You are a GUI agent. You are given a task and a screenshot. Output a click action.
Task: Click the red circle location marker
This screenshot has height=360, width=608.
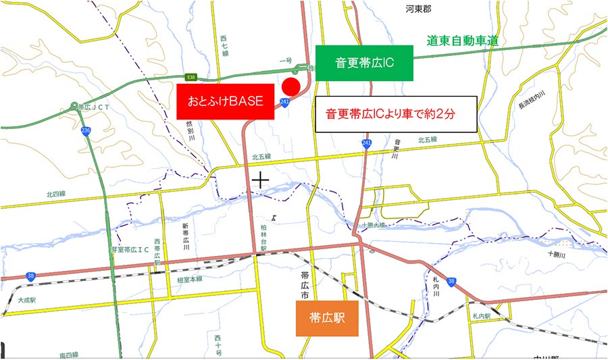click(x=290, y=86)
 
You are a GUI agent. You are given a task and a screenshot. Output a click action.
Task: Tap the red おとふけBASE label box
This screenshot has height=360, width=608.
click(x=225, y=102)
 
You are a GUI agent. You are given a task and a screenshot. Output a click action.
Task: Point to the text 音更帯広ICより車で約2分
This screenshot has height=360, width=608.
click(x=397, y=113)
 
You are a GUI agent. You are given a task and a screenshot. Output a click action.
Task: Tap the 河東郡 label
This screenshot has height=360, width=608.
click(x=418, y=9)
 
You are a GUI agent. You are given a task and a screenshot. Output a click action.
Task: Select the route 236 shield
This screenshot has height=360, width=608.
click(x=85, y=130)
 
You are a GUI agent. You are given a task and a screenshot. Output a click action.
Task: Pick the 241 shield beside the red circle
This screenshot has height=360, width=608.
click(x=284, y=102)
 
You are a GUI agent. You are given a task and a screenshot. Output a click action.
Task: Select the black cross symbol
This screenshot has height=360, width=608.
click(x=260, y=180)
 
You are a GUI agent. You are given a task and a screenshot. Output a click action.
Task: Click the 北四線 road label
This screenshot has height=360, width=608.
click(x=56, y=194)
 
